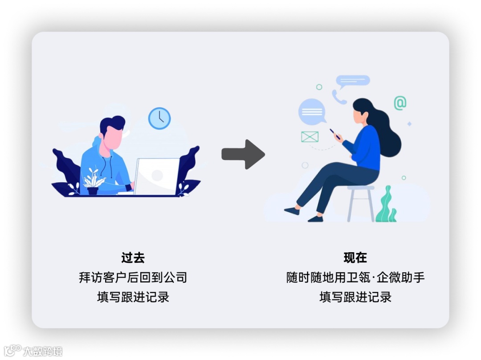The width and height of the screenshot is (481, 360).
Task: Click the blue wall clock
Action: coord(159,119)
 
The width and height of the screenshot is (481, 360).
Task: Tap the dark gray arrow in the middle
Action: coord(243,154)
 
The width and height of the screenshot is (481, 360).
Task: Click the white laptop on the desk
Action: coord(156,176)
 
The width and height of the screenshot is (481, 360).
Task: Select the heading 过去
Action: coord(133,258)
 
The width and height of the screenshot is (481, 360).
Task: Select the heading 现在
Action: coord(355,258)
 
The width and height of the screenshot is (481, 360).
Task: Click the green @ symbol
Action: coord(399,103)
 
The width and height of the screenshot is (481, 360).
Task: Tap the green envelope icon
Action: coord(310,136)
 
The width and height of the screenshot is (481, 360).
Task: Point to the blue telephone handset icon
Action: coord(338,97)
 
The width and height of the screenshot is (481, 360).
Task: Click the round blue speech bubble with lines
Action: coord(312,111)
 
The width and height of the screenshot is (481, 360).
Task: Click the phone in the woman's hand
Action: coord(334,133)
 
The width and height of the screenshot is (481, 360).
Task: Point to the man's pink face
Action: coord(114,138)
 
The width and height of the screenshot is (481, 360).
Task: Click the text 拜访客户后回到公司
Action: coord(133,278)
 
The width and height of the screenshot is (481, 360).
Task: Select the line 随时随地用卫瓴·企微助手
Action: coord(355,278)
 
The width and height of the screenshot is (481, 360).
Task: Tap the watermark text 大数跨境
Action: coord(43,351)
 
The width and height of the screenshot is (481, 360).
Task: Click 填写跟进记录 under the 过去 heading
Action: coord(133,297)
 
